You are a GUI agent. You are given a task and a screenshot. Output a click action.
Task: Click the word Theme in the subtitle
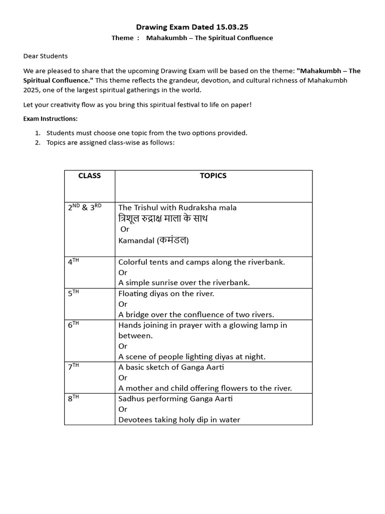tap(122, 38)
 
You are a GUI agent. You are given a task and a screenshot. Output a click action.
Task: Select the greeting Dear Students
tap(46, 56)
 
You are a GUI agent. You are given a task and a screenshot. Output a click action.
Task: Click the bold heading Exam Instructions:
tap(50, 119)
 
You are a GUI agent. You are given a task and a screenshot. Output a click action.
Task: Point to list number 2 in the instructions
tap(38, 143)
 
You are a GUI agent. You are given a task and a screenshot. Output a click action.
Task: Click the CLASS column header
tap(90, 176)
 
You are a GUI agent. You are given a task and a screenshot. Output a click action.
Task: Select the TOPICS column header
tap(213, 176)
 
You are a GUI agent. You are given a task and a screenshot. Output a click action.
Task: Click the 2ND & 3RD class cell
tap(85, 207)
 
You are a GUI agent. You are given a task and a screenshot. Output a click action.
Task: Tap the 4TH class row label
tap(74, 262)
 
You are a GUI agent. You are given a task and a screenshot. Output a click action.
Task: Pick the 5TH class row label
tap(74, 294)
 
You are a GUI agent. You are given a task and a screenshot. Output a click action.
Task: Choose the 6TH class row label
tap(74, 325)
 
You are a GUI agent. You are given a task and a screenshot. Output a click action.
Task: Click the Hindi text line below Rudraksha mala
tap(163, 218)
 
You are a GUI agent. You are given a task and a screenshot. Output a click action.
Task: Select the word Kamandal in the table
tap(136, 240)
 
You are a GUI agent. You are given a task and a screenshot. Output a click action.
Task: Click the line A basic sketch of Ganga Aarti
tap(171, 367)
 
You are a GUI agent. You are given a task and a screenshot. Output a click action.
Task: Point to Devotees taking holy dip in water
tap(179, 420)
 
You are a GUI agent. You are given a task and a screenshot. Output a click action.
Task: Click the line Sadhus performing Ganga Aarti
tap(175, 399)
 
